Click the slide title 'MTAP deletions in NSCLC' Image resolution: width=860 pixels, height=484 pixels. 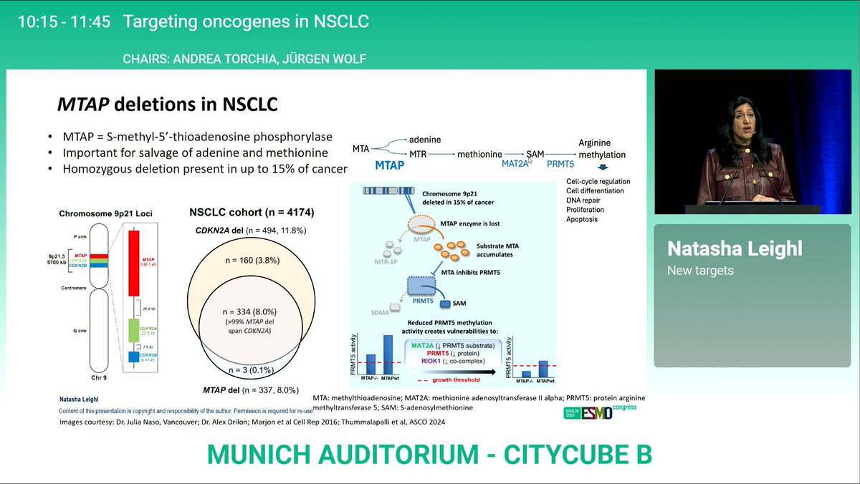point(168,105)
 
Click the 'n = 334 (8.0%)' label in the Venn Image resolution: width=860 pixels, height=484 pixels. point(249,311)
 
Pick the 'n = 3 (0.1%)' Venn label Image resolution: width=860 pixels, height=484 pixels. point(249,371)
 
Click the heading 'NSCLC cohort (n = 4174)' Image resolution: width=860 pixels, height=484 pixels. point(251,213)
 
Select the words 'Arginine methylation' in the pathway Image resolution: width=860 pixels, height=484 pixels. point(601,149)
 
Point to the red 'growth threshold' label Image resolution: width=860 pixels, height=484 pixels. point(456,380)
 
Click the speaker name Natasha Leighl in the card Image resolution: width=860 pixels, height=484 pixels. point(723,248)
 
